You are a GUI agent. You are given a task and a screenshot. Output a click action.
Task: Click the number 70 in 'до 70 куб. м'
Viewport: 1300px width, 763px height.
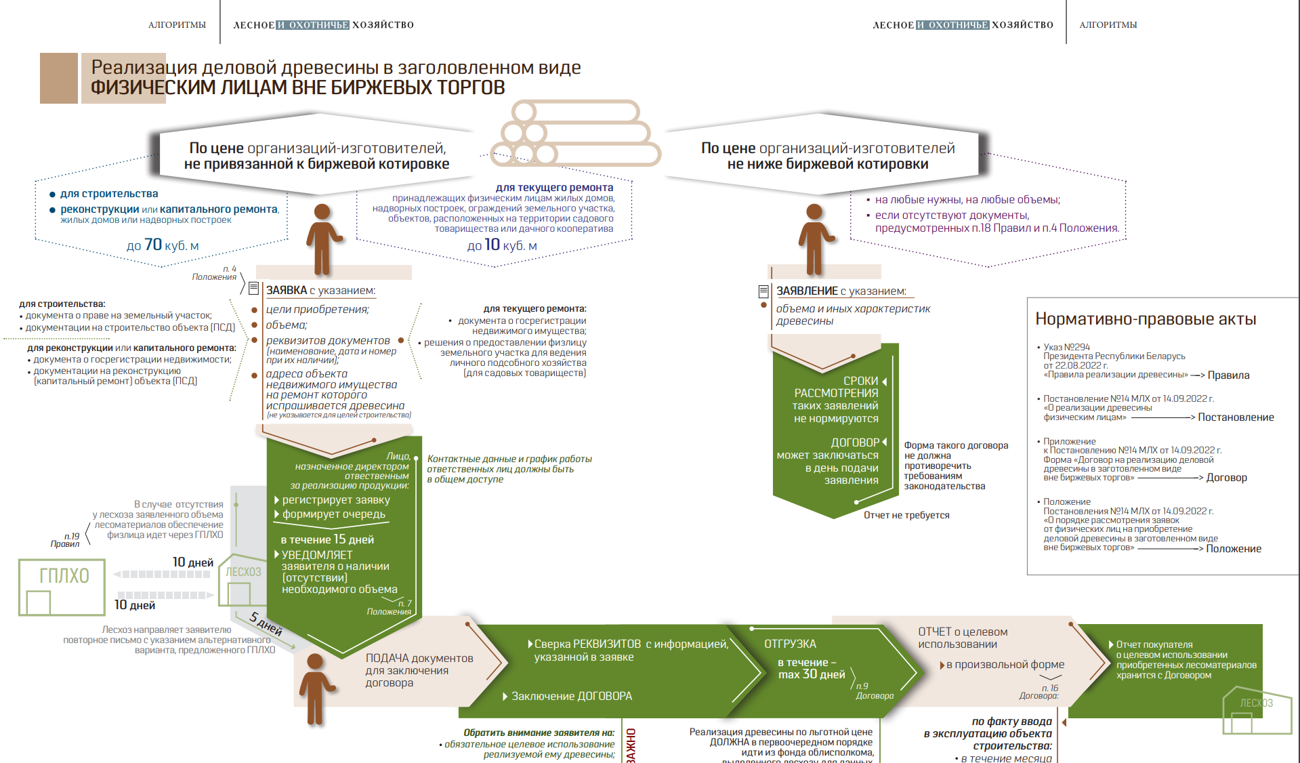pos(153,245)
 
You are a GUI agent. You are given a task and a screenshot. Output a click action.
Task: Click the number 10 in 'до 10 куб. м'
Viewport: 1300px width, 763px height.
pos(492,245)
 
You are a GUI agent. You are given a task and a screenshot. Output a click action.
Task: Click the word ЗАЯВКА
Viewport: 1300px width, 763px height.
pos(286,291)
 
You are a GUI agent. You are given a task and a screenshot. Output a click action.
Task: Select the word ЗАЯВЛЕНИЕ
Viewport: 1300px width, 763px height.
pos(807,291)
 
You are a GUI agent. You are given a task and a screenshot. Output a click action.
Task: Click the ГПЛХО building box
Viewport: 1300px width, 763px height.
pos(62,587)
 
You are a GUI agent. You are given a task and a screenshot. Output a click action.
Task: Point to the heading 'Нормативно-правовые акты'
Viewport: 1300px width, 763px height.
pos(1146,319)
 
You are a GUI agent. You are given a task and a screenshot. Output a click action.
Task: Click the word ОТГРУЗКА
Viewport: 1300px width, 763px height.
pos(790,644)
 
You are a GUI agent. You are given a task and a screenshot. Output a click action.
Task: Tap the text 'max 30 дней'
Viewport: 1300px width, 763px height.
pos(812,675)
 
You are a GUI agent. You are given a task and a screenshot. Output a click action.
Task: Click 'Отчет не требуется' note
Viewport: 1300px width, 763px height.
pos(906,516)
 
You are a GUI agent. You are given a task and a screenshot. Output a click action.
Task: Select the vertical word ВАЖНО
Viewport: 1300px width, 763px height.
pos(631,745)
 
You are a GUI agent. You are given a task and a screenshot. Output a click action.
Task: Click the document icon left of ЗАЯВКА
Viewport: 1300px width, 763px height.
pos(253,289)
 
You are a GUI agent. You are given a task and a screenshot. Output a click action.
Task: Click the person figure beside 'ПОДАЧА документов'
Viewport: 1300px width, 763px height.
pos(315,687)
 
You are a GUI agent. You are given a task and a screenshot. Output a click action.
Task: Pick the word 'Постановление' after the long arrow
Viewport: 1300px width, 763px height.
pos(1236,417)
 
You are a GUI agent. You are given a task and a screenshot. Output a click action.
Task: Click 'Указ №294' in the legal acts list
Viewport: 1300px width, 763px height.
pos(1066,347)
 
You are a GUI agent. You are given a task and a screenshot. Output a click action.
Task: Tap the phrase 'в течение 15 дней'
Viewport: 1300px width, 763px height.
pos(327,539)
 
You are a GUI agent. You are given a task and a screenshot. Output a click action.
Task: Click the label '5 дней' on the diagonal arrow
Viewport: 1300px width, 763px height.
pos(266,623)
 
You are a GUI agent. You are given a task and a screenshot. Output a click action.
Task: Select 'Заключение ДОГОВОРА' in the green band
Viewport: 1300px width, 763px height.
pos(571,696)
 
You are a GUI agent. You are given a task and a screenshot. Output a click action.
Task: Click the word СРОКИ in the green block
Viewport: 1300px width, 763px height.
pos(860,381)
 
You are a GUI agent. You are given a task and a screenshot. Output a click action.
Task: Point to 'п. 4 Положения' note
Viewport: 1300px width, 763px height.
pos(215,273)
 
